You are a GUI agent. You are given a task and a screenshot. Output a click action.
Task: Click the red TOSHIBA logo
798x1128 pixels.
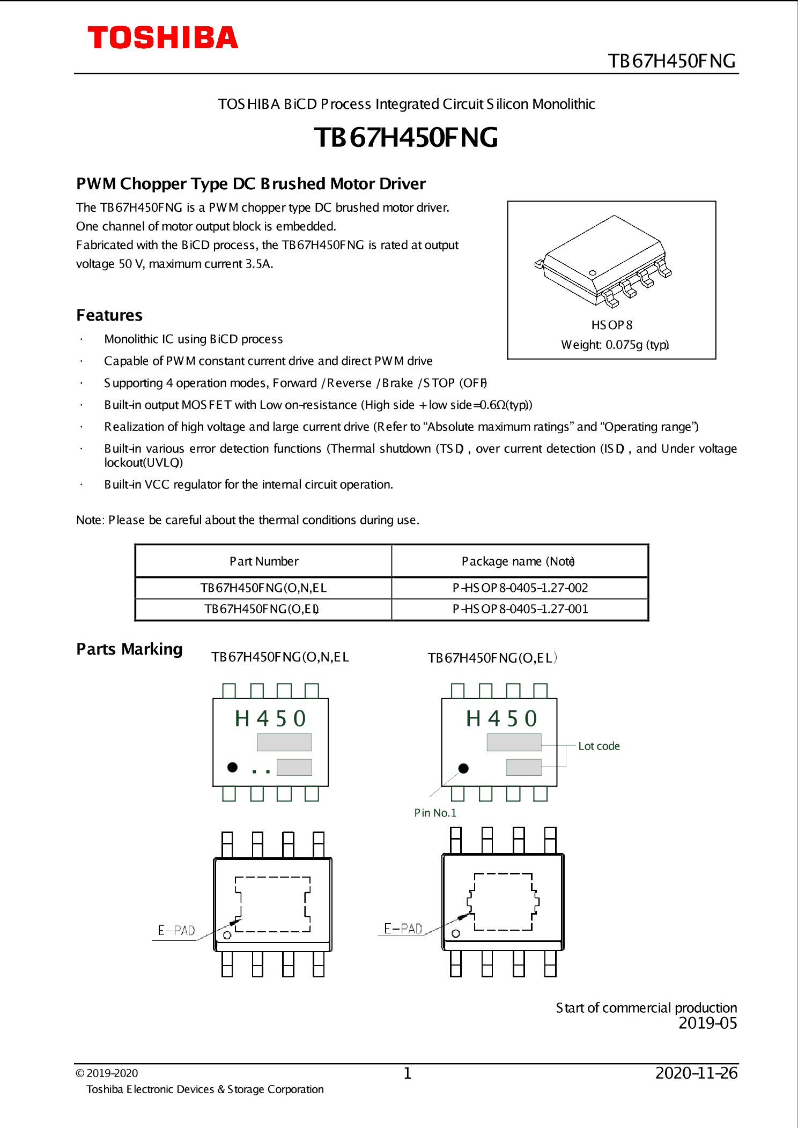[x=162, y=38]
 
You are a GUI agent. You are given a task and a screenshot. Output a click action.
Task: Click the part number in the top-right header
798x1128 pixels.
[x=671, y=61]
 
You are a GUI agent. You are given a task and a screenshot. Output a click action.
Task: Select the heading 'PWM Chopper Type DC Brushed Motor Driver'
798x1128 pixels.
[x=250, y=184]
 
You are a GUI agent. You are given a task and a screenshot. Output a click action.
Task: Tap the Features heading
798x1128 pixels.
[x=109, y=315]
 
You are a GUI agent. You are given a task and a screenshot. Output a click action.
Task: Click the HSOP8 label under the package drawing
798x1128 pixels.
[x=611, y=325]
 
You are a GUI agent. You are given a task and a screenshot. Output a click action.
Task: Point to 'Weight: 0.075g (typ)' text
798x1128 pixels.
[x=615, y=345]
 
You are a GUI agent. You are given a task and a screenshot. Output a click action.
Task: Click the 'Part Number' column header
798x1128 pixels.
[x=264, y=561]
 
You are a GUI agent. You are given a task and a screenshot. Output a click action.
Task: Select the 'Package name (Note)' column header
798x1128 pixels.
[x=518, y=561]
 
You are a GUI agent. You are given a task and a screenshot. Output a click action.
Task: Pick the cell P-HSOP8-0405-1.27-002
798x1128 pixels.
[x=520, y=588]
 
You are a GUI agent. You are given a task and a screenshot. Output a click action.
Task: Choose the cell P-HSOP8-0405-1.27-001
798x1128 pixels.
[x=520, y=609]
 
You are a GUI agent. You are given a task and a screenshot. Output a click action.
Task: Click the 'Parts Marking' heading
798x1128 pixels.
[x=129, y=649]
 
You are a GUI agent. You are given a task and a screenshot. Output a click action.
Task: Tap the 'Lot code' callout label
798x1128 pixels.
[x=598, y=746]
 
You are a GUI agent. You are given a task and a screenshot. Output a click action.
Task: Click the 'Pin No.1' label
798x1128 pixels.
[x=435, y=813]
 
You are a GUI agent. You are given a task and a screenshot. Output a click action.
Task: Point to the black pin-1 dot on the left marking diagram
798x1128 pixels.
[x=232, y=767]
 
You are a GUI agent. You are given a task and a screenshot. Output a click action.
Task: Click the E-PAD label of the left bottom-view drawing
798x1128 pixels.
[x=176, y=931]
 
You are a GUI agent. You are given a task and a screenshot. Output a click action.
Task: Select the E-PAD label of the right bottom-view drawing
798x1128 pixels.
[x=403, y=929]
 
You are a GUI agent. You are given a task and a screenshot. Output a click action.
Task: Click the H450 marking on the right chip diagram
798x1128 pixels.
[x=501, y=719]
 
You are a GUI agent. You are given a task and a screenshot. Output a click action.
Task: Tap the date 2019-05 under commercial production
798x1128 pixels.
[x=707, y=1023]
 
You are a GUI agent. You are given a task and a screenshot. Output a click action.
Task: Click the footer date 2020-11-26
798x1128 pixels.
[x=696, y=1073]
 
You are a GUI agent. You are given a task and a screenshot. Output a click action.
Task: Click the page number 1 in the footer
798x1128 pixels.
[x=407, y=1073]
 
